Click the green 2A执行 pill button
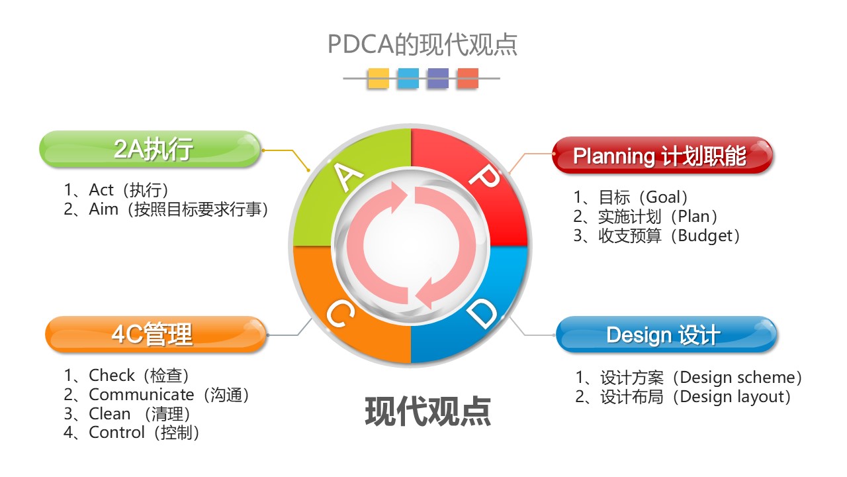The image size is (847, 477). click(x=150, y=149)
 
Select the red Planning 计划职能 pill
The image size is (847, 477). click(x=662, y=155)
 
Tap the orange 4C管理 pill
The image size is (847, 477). click(x=156, y=335)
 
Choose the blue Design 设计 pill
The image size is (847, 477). click(x=666, y=335)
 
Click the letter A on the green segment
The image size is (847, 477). click(x=348, y=177)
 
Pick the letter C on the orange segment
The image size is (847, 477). click(x=340, y=313)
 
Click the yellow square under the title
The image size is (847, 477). click(x=378, y=78)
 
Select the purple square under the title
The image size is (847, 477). click(x=438, y=78)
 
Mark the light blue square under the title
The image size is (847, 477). click(x=408, y=78)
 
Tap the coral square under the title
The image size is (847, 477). click(x=468, y=78)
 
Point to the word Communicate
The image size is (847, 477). click(x=142, y=395)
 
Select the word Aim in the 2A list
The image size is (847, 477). click(x=104, y=209)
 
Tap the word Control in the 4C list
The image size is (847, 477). click(x=117, y=433)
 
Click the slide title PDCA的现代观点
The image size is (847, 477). click(x=422, y=44)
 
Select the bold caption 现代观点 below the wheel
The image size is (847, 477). click(x=428, y=411)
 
